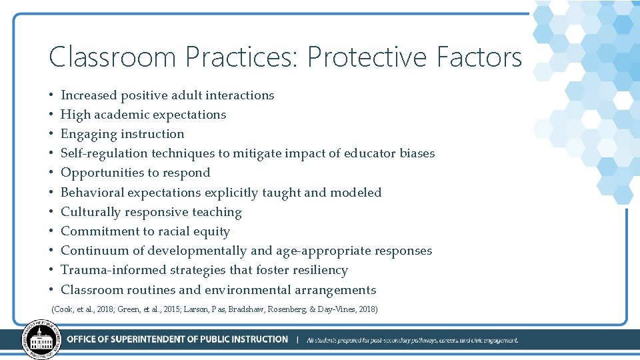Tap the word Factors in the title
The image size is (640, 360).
pos(479,57)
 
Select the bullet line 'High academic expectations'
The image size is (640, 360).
pos(143,115)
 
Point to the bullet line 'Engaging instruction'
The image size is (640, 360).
pos(122,134)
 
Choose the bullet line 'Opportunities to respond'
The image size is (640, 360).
pos(135,173)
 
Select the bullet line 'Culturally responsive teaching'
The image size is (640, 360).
pos(151,212)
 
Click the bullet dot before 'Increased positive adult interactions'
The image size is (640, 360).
pos(51,95)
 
